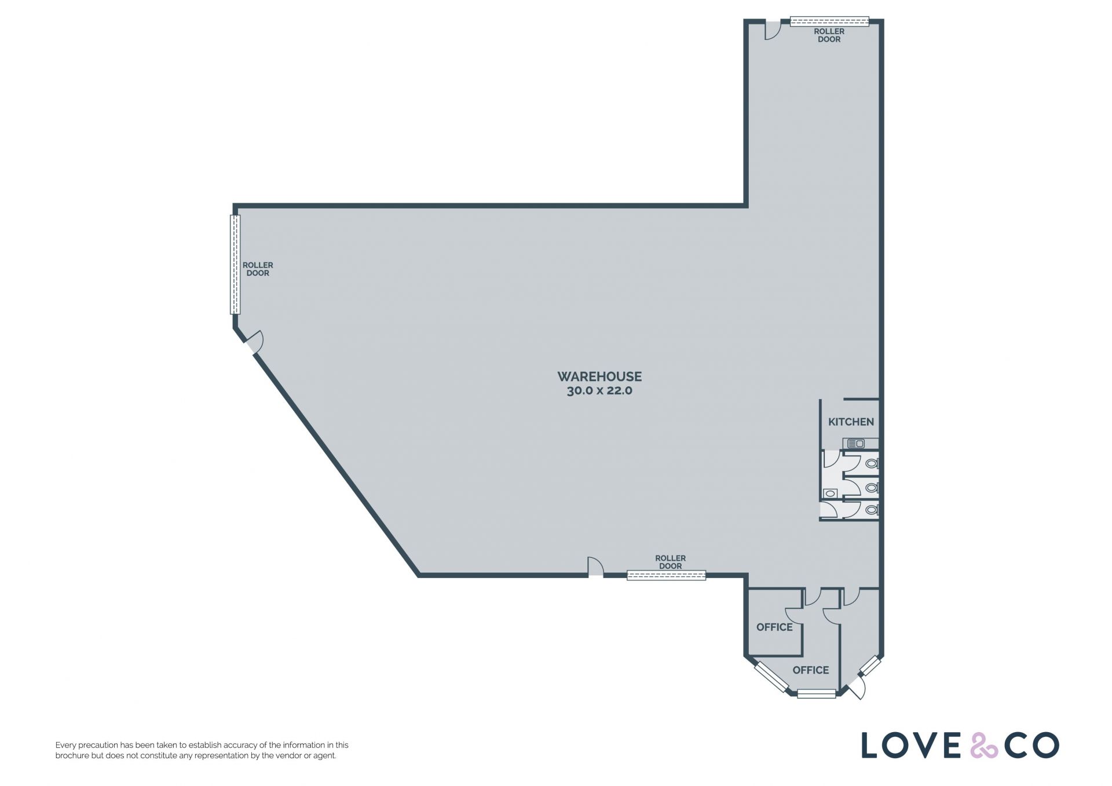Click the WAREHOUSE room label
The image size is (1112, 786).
(x=599, y=376)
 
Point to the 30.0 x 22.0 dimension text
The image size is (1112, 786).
(x=599, y=391)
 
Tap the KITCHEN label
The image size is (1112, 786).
(x=851, y=422)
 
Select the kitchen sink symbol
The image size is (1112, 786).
(x=857, y=444)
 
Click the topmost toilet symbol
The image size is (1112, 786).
(x=872, y=463)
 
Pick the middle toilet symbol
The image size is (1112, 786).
(x=872, y=488)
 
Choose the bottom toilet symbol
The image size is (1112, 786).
(x=872, y=510)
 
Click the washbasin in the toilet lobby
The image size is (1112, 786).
(x=831, y=493)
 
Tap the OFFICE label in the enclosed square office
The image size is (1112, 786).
(x=774, y=627)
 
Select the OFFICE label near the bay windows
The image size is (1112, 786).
(x=810, y=670)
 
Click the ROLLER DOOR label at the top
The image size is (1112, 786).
(x=829, y=35)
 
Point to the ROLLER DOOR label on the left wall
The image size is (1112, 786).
(x=258, y=269)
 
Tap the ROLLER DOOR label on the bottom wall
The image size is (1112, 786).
(x=670, y=562)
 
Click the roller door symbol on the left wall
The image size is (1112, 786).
(x=235, y=265)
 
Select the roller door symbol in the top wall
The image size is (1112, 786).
(x=830, y=22)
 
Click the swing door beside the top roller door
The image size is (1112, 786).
(x=773, y=30)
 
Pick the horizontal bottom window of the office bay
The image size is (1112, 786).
(x=817, y=693)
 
